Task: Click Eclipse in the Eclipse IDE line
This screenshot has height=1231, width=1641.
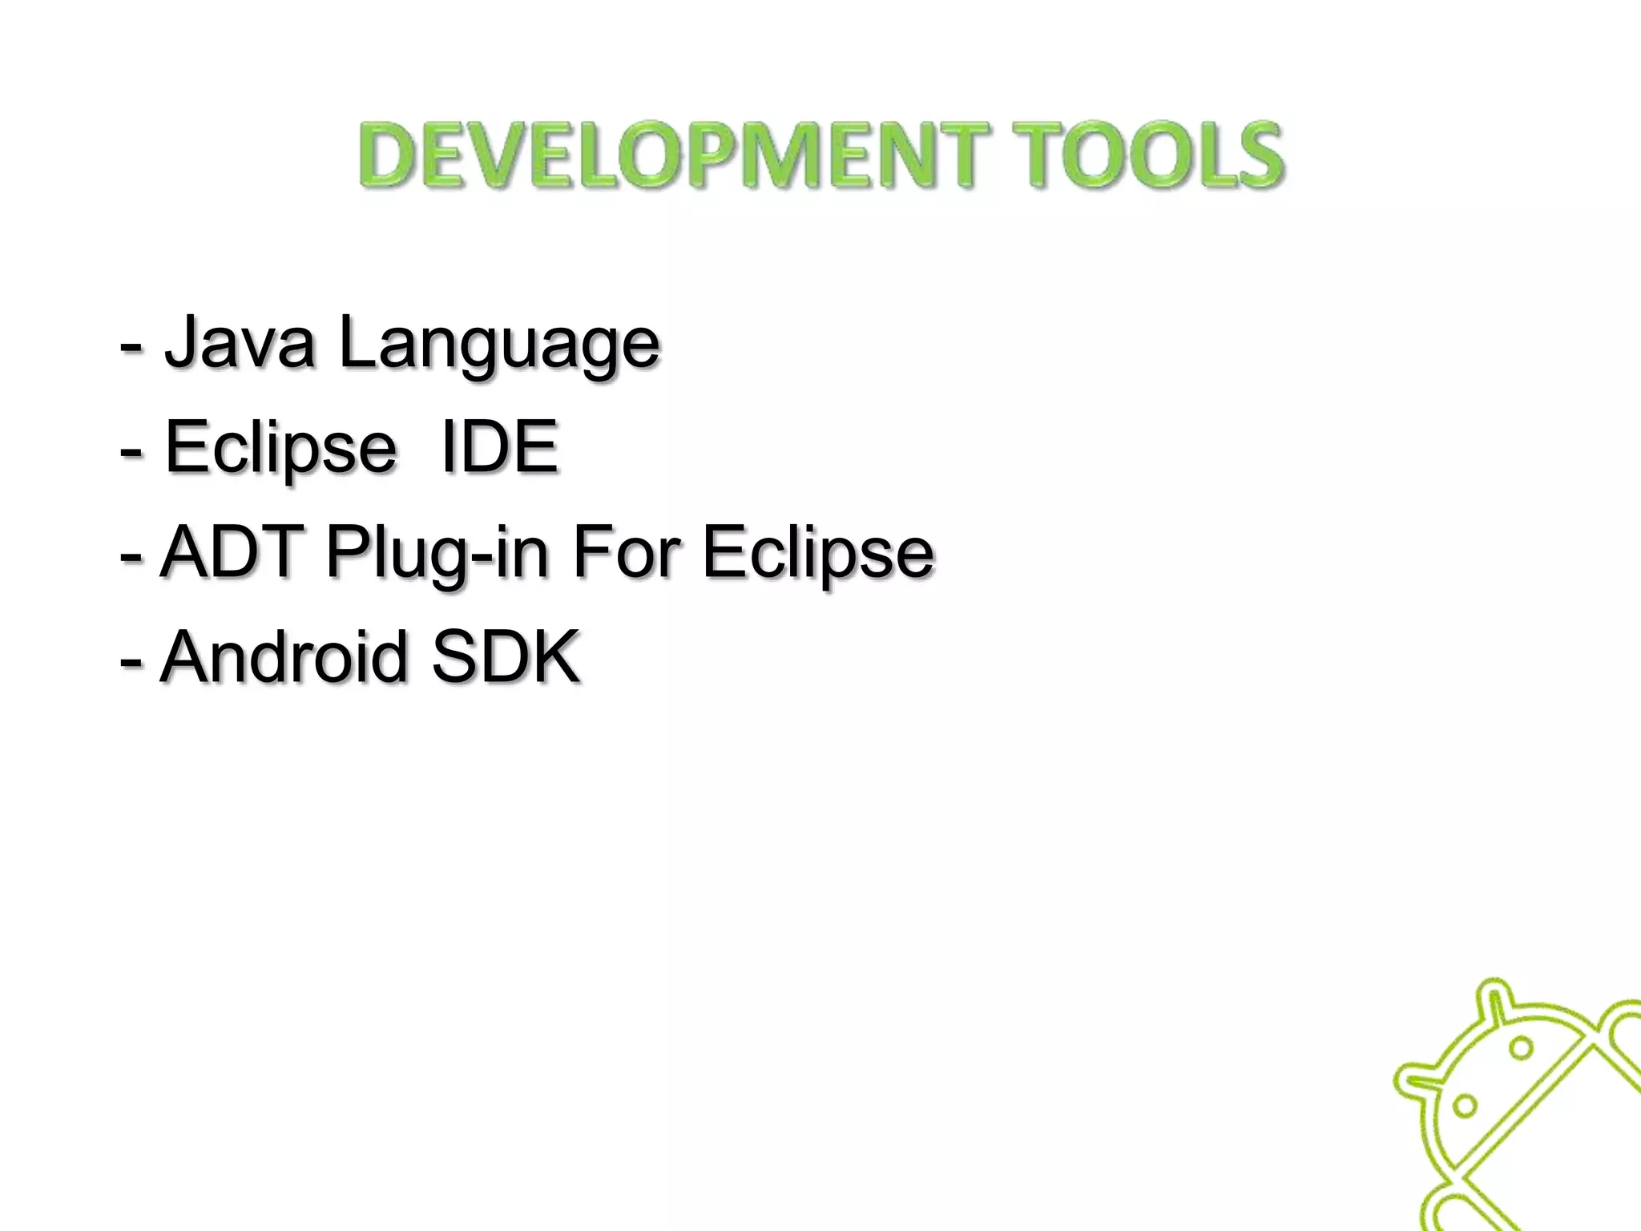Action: (x=280, y=449)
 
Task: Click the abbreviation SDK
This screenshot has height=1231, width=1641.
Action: (x=505, y=656)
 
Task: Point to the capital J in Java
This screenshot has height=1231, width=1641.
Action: (x=181, y=343)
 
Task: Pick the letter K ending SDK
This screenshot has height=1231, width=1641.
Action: (x=554, y=656)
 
